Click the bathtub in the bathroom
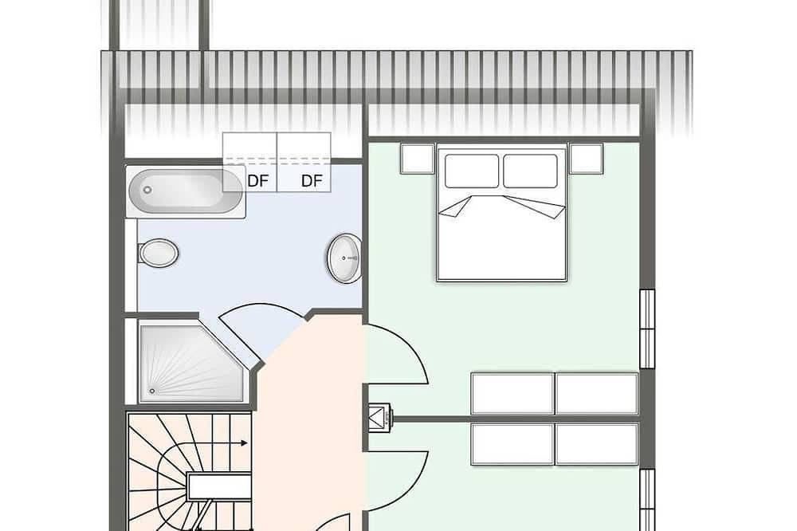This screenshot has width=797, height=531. (186, 191)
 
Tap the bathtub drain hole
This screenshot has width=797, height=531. (147, 190)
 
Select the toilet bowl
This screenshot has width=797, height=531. (158, 253)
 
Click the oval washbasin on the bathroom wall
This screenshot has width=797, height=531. (344, 258)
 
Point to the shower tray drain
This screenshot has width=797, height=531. (152, 391)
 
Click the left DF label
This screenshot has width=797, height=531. (257, 181)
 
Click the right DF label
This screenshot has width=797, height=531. (312, 181)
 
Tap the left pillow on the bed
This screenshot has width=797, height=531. (472, 171)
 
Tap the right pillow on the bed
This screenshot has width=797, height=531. (531, 171)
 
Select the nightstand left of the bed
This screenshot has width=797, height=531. (418, 159)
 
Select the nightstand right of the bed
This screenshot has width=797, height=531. (586, 159)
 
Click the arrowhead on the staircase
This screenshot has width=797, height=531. (245, 443)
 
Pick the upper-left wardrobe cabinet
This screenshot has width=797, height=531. (512, 394)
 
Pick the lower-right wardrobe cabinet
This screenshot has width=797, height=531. (597, 444)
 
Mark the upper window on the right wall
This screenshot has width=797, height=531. (647, 328)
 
